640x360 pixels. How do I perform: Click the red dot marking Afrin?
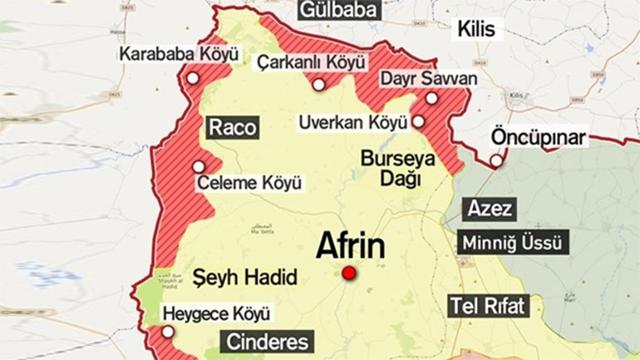348,274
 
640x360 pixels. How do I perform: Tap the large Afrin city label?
350,246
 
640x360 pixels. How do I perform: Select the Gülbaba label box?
339,10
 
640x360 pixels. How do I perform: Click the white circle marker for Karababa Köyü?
193,78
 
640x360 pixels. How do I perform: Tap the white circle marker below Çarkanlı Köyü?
318,84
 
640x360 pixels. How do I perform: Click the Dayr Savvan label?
429,78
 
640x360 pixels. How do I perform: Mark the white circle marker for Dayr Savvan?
431,98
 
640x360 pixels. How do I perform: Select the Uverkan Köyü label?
352,122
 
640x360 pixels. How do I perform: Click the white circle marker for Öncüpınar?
496,160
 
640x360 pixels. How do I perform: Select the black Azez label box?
490,208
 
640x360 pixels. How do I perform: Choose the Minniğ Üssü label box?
514,244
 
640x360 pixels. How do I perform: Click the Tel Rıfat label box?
488,305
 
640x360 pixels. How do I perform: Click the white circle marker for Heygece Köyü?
169,332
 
